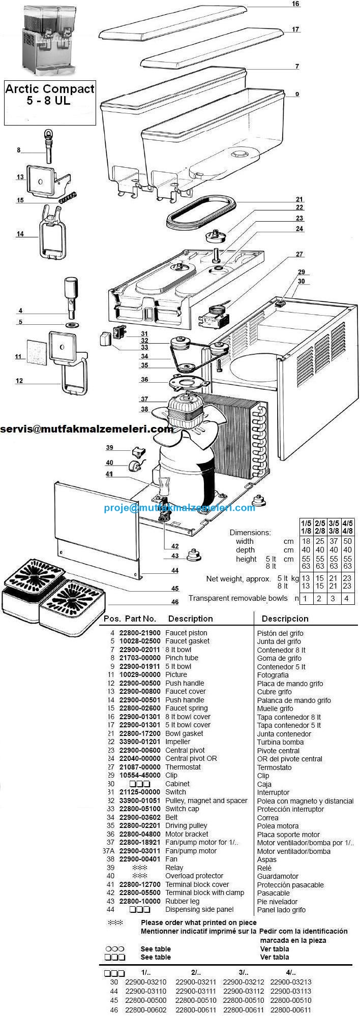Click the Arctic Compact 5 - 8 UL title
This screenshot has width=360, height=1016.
(49, 95)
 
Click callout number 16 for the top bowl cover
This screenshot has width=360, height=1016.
(295, 4)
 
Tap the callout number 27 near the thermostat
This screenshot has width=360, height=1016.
(299, 254)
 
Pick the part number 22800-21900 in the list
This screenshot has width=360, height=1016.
(140, 633)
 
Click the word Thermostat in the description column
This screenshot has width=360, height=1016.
(183, 767)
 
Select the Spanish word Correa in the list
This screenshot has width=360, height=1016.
(268, 818)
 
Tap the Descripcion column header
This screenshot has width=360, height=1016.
(285, 619)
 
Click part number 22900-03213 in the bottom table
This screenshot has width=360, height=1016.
(291, 982)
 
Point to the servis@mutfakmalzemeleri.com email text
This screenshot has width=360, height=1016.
(86, 429)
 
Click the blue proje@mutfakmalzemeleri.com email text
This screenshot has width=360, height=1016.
(179, 507)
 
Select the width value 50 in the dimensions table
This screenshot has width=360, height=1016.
(347, 541)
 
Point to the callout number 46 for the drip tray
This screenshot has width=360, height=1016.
(174, 602)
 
